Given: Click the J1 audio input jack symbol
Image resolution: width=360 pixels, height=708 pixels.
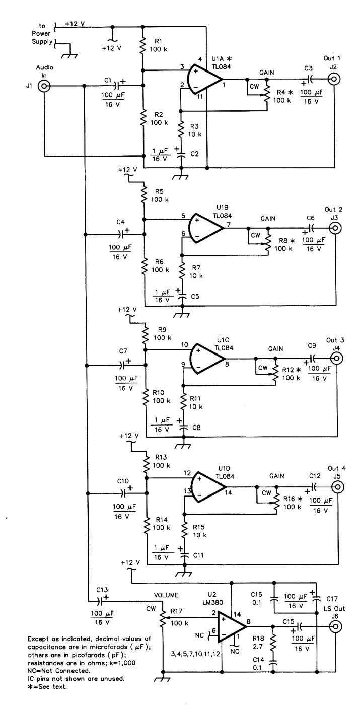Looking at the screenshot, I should (46, 87).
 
